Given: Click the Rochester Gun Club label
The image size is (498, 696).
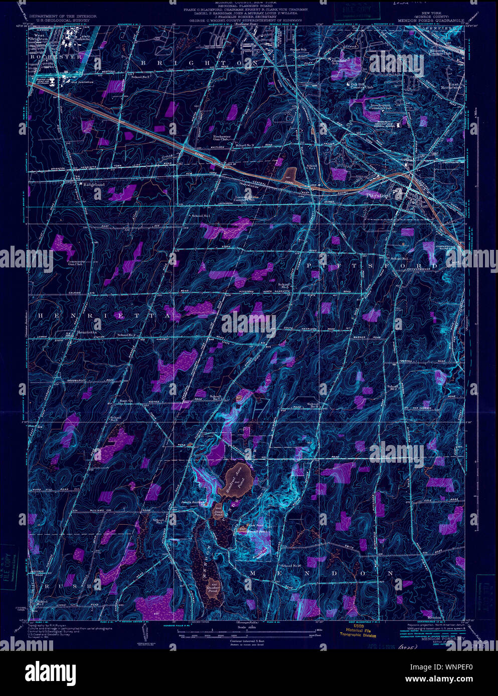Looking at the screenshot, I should [x=222, y=138].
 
